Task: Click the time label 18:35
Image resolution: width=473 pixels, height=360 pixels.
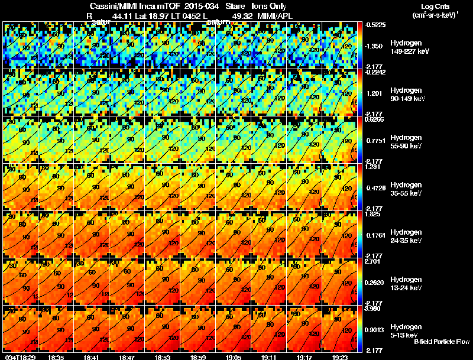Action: coord(56,357)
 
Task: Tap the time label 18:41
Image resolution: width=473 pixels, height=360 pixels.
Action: coord(92,357)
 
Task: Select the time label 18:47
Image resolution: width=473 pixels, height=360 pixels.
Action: coord(127,357)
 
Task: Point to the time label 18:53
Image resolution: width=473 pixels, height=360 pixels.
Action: coord(163,357)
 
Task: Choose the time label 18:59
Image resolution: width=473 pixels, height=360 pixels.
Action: coord(198,357)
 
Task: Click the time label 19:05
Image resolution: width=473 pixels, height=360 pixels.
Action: coord(234,357)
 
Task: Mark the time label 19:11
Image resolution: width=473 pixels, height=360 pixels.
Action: coord(269,357)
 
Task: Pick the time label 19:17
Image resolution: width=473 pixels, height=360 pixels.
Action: coord(304,357)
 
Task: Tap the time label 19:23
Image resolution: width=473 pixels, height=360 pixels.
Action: coord(340,357)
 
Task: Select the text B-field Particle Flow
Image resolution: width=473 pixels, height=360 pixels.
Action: coord(441,342)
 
